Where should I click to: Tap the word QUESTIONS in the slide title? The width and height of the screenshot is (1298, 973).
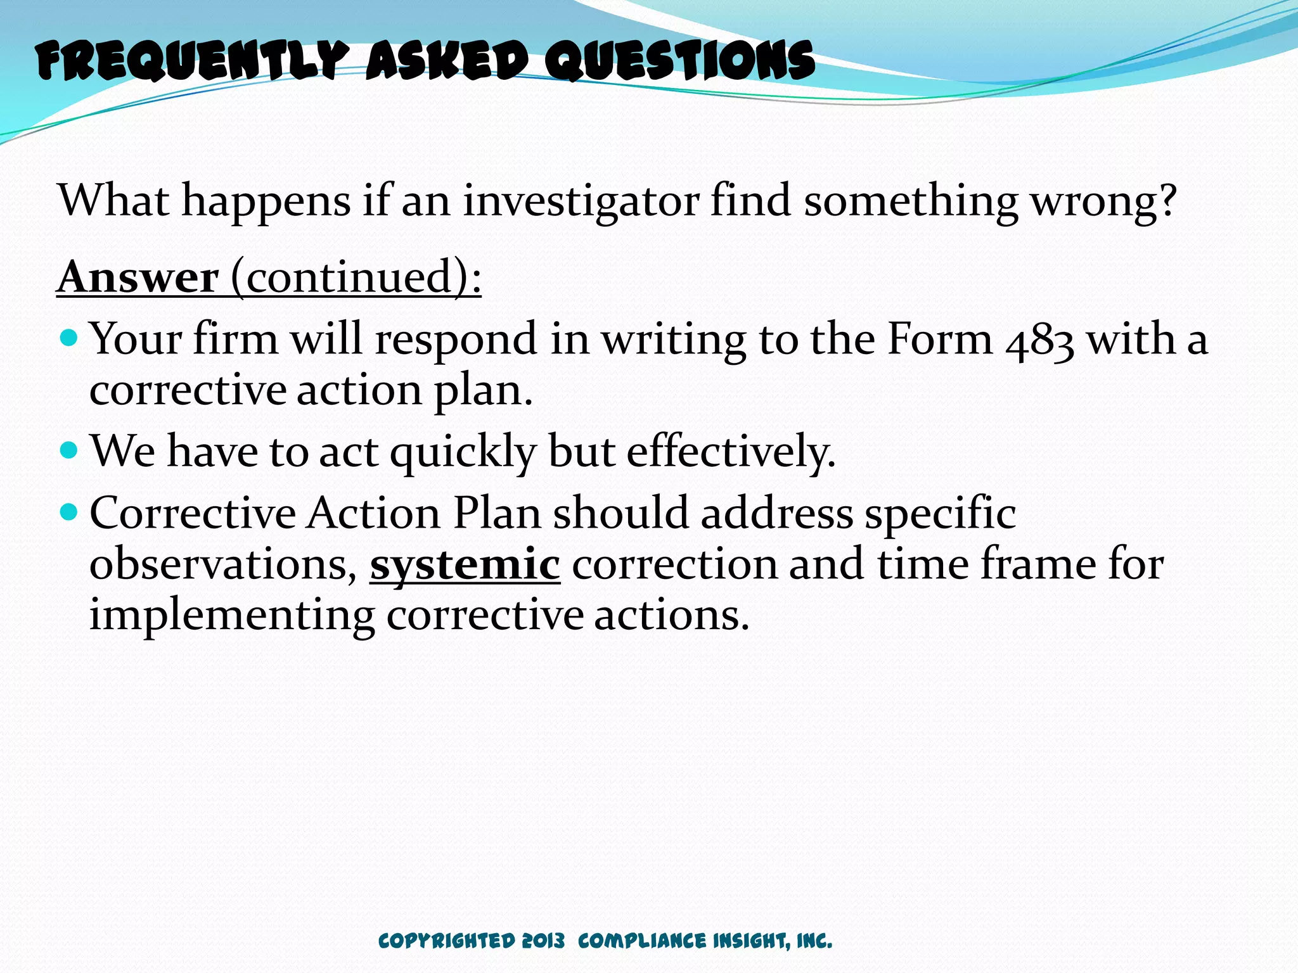pos(680,61)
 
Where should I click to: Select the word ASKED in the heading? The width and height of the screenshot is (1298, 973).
pos(447,61)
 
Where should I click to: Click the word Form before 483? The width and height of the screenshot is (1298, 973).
pos(940,339)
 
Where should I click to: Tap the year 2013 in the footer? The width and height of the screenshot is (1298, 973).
pos(543,941)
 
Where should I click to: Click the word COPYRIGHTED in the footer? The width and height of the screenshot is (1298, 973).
pos(446,941)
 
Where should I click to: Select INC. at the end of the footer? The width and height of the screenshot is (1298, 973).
pos(814,941)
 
